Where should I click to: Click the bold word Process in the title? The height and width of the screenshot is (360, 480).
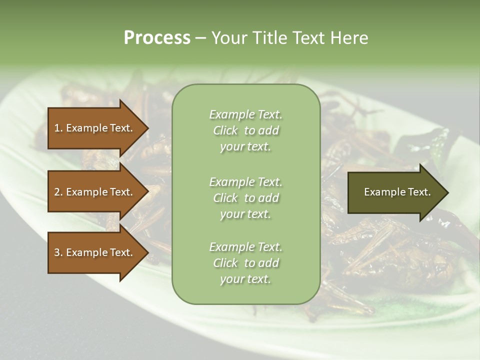[x=157, y=37]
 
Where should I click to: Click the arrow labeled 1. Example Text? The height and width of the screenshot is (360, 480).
[x=95, y=128]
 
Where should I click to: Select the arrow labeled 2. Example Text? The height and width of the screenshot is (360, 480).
[x=95, y=192]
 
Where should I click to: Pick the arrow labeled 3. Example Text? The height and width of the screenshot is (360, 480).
[x=95, y=252]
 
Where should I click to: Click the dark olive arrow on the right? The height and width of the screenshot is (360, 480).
[x=395, y=192]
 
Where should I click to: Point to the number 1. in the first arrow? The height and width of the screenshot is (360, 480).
[x=58, y=128]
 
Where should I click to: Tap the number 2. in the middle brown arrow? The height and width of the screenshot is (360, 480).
[x=58, y=192]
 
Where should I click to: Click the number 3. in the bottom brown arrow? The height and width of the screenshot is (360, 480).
[x=58, y=252]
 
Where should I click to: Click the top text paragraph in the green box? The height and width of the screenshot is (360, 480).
[x=245, y=130]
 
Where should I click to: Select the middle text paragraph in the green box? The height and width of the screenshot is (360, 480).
[x=245, y=198]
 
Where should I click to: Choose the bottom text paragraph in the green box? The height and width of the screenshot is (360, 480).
[x=245, y=263]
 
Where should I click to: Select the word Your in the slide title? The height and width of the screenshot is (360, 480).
[x=227, y=37]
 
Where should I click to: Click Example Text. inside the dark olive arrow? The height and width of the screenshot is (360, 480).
[x=397, y=192]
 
